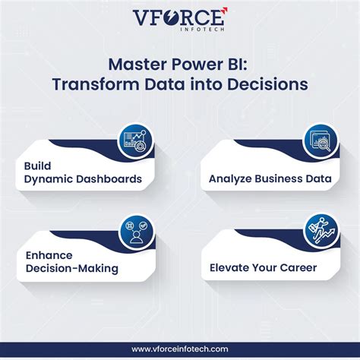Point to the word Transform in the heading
(x=93, y=84)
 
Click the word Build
(x=38, y=165)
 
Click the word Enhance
(x=50, y=254)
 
